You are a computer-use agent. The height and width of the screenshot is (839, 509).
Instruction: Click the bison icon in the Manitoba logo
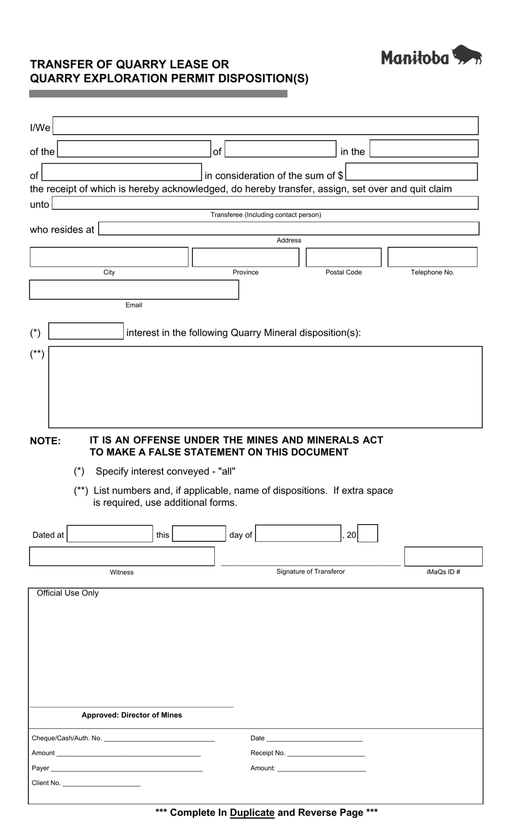(467, 55)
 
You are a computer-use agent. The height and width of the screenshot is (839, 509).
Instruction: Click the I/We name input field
(265, 126)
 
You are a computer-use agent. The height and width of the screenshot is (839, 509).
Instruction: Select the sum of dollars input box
(411, 172)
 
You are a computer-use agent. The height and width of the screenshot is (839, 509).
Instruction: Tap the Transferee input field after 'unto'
(265, 203)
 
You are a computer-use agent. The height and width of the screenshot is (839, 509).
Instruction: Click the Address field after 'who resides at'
(288, 229)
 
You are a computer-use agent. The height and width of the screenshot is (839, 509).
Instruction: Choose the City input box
(109, 257)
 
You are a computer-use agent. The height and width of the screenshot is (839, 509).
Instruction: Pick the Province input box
(245, 257)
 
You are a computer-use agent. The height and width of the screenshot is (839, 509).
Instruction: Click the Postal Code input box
(343, 257)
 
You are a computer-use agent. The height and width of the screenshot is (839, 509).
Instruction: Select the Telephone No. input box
(432, 257)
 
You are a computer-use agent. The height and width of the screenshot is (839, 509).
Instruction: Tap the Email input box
(133, 290)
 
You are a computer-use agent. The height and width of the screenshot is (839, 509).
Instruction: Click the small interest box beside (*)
(86, 331)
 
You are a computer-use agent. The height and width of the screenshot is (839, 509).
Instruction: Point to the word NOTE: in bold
(46, 441)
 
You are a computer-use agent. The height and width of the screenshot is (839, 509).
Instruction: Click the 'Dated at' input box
(110, 534)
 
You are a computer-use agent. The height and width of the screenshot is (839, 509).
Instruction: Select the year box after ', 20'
(368, 534)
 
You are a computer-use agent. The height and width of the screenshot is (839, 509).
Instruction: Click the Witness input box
(122, 556)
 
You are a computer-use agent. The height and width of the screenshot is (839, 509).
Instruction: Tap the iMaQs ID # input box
(443, 556)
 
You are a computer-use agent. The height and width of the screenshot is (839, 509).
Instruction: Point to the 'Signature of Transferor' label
(310, 571)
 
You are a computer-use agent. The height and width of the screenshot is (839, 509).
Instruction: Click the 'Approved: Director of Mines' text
(132, 715)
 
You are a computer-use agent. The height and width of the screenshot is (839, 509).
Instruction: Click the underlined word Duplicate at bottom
(252, 812)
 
